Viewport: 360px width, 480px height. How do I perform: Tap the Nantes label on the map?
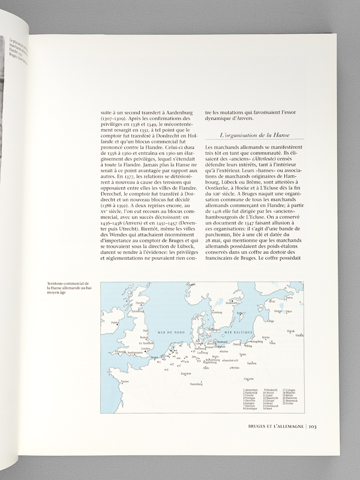click(x=125, y=382)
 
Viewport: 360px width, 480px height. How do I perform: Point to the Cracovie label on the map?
click(x=248, y=379)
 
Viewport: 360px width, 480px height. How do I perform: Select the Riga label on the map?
click(x=271, y=321)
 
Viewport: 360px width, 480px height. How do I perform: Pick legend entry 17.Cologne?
click(x=287, y=391)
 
